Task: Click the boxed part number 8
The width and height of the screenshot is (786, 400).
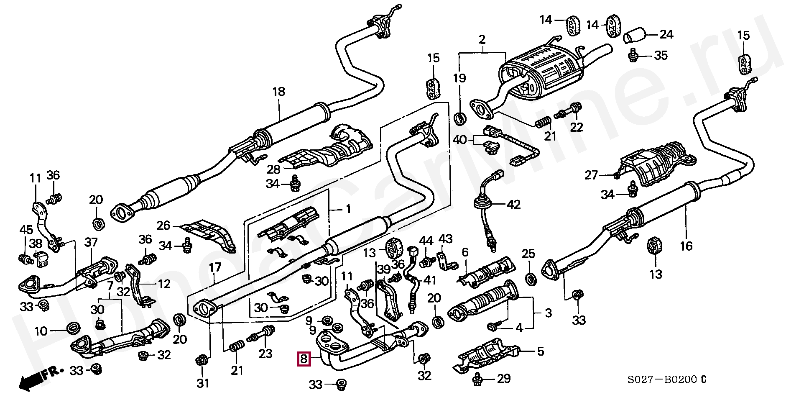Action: point(304,359)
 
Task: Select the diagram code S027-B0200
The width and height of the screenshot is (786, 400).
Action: point(663,380)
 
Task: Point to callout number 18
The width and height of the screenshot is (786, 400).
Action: point(278,92)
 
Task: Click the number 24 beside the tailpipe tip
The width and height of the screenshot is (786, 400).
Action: point(666,34)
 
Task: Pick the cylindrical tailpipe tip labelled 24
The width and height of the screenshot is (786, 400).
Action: point(634,35)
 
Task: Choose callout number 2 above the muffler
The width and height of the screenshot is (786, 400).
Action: point(482,40)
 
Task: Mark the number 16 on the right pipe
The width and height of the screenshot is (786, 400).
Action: point(686,246)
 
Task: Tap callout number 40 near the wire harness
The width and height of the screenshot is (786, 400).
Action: point(460,139)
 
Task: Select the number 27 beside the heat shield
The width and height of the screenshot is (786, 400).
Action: point(592,175)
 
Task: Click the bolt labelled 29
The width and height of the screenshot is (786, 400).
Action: point(478,379)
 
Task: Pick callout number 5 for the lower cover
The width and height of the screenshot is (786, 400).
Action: point(540,351)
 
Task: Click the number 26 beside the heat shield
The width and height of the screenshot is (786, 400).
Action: point(163,226)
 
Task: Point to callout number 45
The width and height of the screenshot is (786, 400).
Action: point(26,230)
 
